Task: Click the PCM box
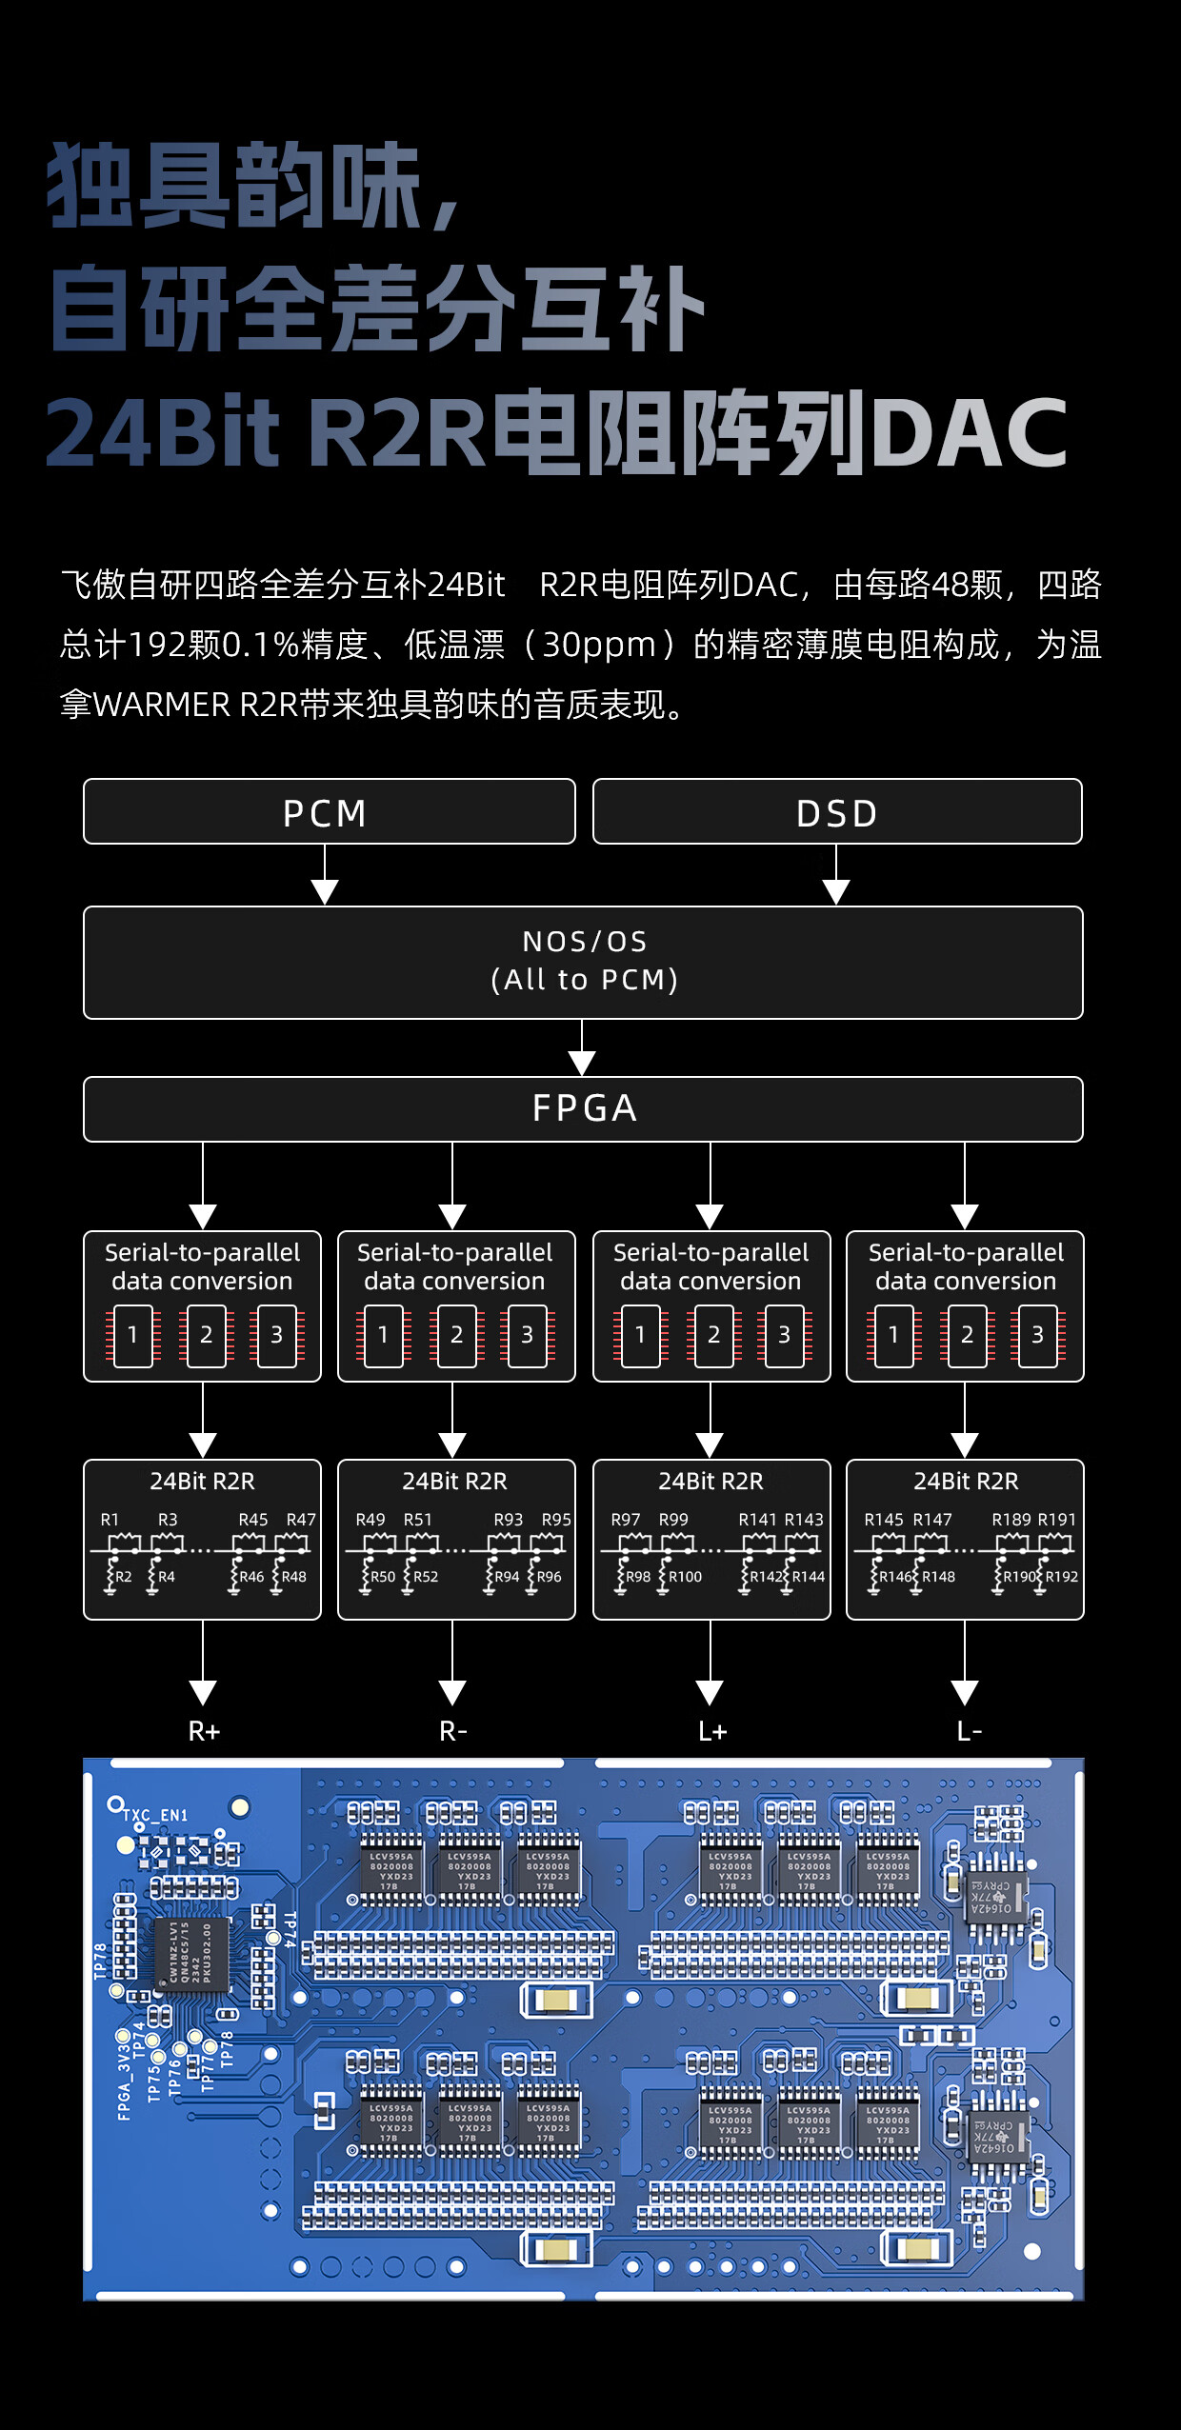(x=329, y=812)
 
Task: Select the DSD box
(x=836, y=812)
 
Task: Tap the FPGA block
(x=583, y=1108)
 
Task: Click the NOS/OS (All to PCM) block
(x=583, y=962)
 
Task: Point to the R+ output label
(x=204, y=1731)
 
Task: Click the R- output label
(x=453, y=1731)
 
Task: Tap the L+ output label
(x=711, y=1731)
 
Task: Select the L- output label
(x=969, y=1731)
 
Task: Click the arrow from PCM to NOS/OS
(x=325, y=876)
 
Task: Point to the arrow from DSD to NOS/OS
(x=836, y=876)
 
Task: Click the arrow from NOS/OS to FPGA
(x=582, y=1048)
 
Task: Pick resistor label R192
(x=1062, y=1577)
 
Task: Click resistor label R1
(x=110, y=1520)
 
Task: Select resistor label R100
(x=685, y=1577)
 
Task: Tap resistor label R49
(x=370, y=1520)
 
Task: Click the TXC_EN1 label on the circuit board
(x=155, y=1815)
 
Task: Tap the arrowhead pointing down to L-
(x=965, y=1692)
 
